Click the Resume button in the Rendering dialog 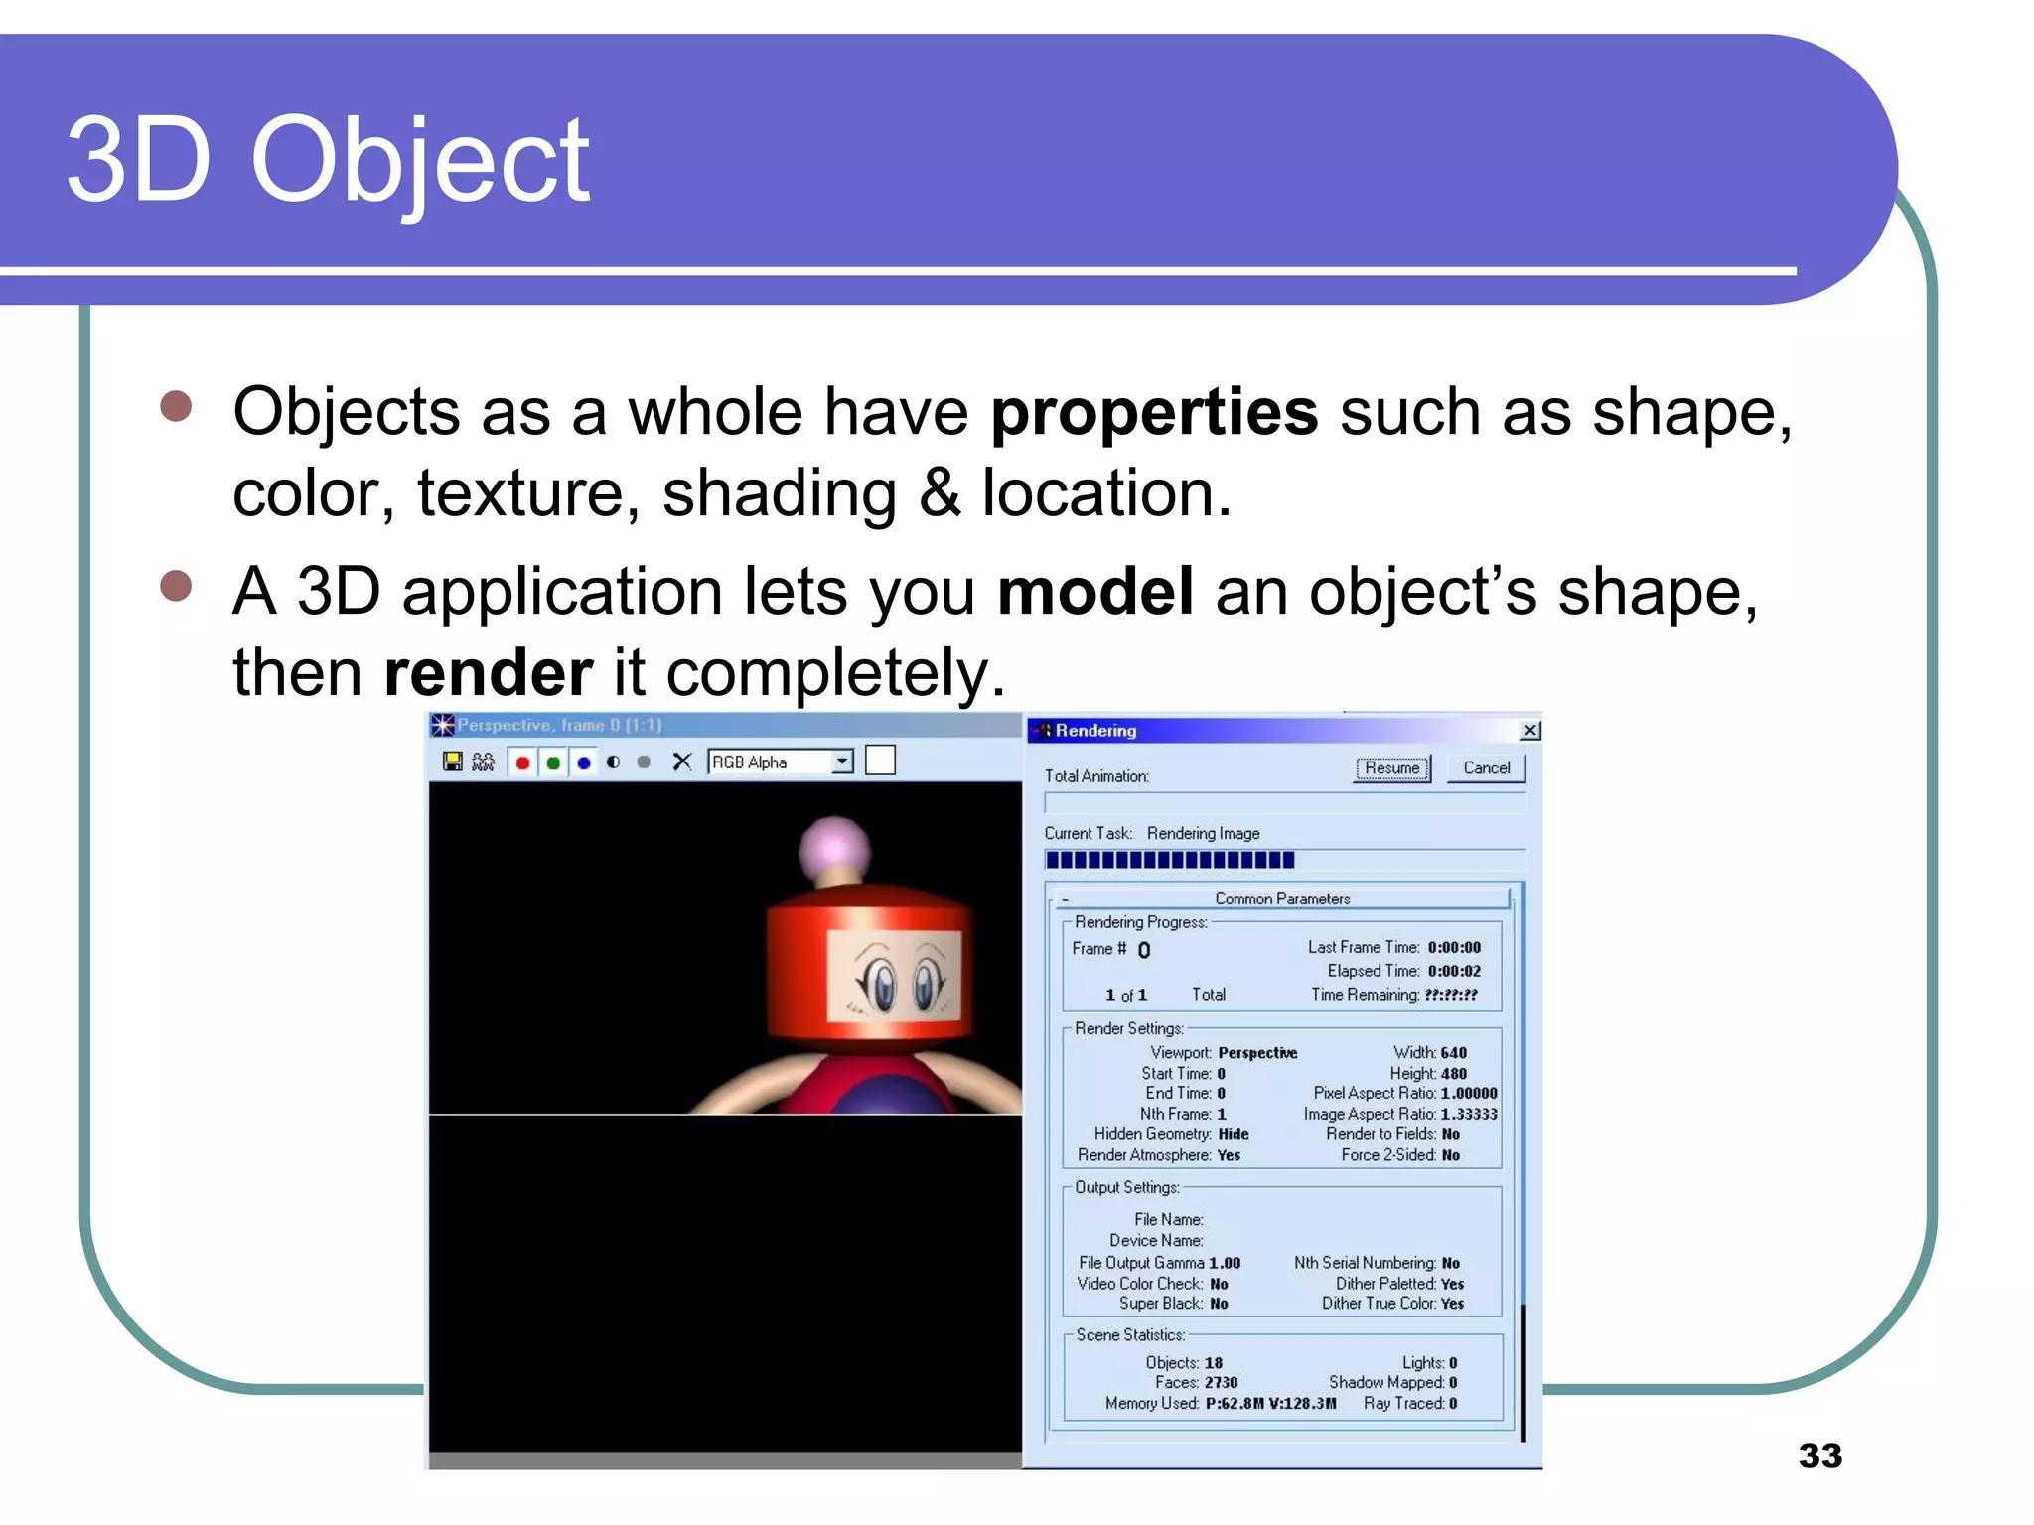tap(1391, 768)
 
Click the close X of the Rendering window tap(1530, 731)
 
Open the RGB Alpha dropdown tap(842, 762)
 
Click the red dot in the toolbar tap(522, 762)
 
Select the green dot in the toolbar tap(553, 762)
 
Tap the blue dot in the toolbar tap(584, 762)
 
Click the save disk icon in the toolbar tap(453, 762)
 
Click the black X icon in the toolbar tap(681, 762)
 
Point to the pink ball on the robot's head tap(835, 849)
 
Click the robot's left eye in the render tap(880, 984)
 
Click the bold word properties tap(1154, 412)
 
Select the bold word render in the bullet tap(489, 673)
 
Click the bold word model tap(1094, 592)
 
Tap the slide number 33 tap(1819, 1456)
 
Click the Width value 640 tap(1453, 1052)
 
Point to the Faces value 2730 tap(1221, 1382)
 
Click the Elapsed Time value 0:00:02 tap(1454, 971)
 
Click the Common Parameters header tap(1282, 899)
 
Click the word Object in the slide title tap(420, 161)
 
